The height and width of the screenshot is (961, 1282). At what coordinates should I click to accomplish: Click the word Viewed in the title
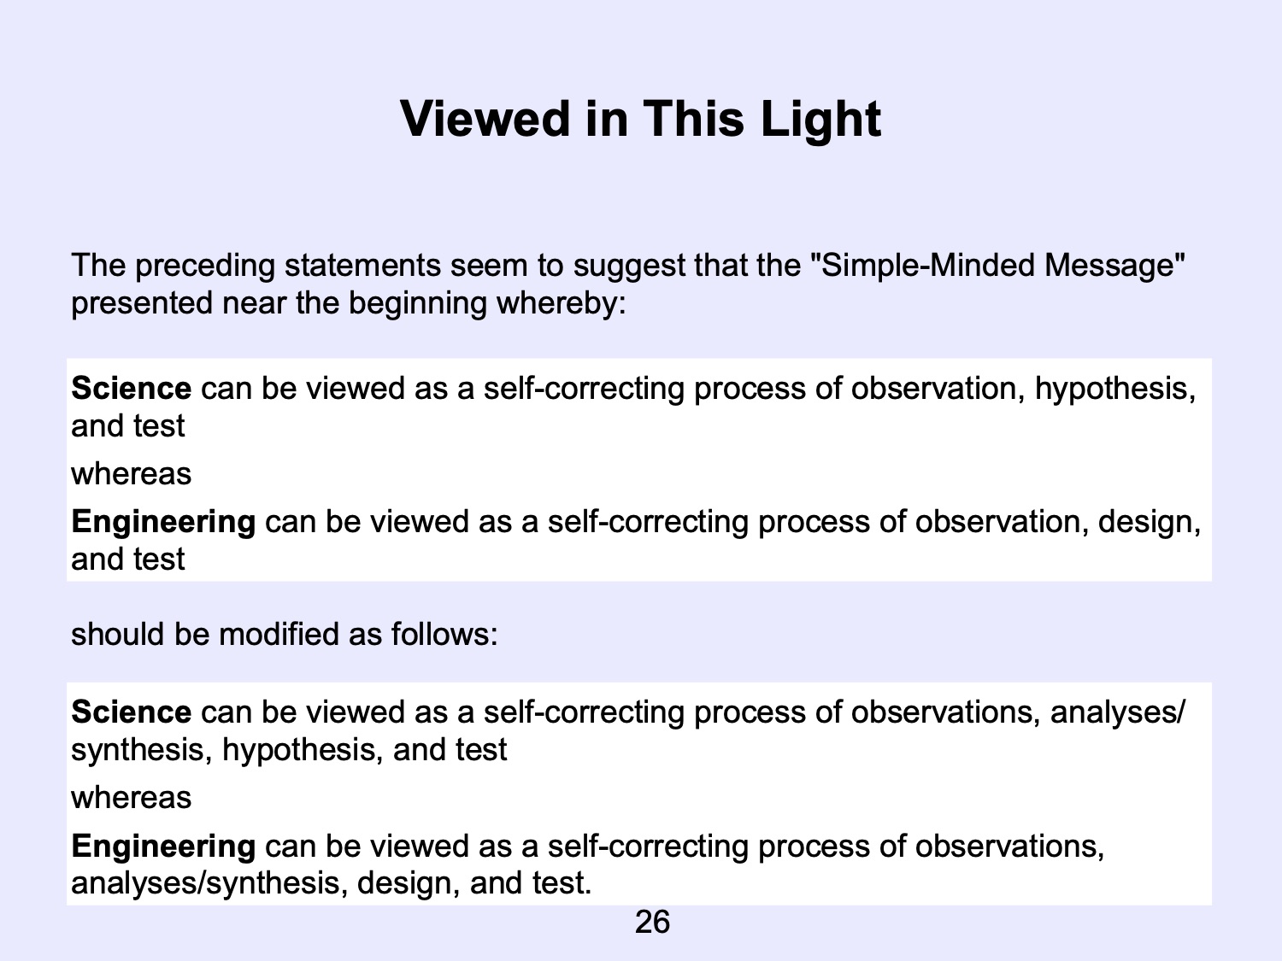click(x=485, y=119)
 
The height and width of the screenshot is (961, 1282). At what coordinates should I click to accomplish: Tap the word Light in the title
click(x=820, y=120)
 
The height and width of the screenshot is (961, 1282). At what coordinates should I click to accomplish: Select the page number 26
click(x=652, y=922)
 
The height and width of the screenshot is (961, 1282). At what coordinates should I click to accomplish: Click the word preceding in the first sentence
click(x=205, y=266)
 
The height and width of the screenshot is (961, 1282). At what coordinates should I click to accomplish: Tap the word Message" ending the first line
click(x=1114, y=266)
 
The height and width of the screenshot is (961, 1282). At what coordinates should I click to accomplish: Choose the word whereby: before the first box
click(x=561, y=304)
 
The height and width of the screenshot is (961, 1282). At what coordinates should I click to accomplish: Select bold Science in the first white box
click(x=132, y=388)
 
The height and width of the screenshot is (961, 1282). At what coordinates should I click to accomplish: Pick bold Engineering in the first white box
click(x=163, y=522)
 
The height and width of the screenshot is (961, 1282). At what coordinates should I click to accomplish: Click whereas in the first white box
click(x=132, y=474)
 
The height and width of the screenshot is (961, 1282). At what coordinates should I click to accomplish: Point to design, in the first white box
click(x=1150, y=522)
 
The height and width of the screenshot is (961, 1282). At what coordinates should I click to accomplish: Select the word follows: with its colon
click(x=444, y=634)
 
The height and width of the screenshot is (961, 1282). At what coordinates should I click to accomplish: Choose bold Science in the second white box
click(x=132, y=712)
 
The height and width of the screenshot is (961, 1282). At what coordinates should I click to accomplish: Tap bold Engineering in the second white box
click(x=163, y=847)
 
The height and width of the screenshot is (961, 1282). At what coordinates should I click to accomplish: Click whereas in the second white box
click(x=132, y=798)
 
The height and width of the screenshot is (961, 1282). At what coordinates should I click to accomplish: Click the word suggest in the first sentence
click(x=629, y=266)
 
